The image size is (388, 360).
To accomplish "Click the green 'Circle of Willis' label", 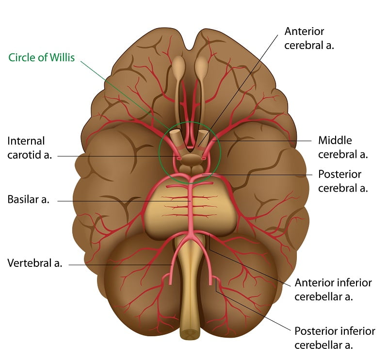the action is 41,57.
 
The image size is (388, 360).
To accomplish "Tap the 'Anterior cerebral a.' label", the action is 309,38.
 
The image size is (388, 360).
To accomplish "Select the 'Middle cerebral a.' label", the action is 343,147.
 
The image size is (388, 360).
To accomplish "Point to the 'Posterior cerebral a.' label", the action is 343,181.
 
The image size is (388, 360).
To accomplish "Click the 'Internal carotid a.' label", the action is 30,148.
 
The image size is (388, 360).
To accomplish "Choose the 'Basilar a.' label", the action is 29,199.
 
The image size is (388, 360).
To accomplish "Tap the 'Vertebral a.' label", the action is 34,263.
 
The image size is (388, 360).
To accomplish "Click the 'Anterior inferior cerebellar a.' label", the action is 333,290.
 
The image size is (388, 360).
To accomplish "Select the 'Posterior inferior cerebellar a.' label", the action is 335,338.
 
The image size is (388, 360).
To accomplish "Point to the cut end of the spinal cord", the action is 189,335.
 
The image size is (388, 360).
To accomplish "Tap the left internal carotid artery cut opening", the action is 178,158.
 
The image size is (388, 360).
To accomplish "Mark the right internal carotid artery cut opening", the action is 204,159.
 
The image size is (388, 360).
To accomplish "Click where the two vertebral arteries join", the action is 190,233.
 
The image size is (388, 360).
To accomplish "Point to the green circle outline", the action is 159,153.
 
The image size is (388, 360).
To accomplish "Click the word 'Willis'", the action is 62,57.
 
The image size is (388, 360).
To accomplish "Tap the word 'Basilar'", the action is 23,199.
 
